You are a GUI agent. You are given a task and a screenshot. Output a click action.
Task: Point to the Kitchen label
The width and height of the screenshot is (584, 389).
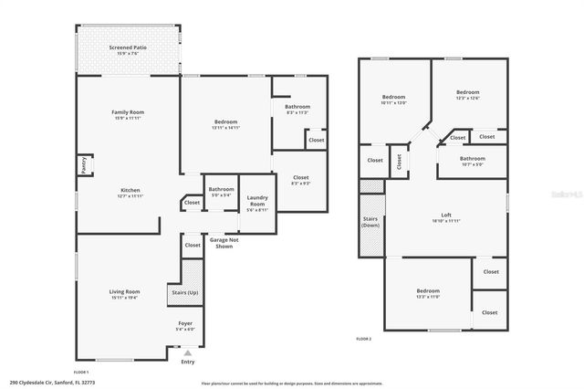click(128, 190)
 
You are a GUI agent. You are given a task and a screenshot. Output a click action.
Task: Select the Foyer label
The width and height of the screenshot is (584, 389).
click(185, 324)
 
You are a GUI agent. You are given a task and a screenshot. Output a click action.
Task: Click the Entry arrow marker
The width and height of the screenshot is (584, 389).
click(188, 352)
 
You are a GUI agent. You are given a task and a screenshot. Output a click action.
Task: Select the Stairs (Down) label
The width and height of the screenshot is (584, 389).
click(370, 224)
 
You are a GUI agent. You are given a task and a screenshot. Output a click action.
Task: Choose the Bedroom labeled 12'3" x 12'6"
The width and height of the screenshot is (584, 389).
click(468, 92)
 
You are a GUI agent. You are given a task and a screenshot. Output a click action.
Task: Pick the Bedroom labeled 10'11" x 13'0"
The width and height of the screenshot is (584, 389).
click(393, 97)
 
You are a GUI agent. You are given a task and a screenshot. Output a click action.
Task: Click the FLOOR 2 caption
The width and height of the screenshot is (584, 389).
click(364, 339)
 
